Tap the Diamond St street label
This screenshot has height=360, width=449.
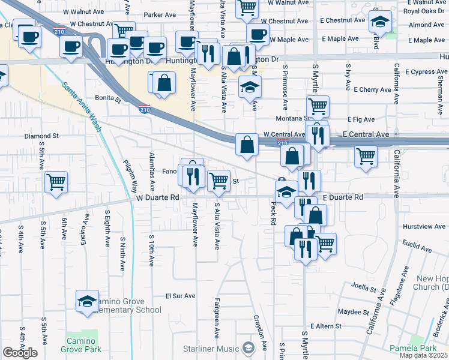(x=41, y=136)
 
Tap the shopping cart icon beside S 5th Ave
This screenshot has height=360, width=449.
(x=56, y=181)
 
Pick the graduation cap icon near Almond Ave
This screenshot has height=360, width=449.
(x=380, y=22)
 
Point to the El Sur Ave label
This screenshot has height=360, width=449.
(x=181, y=296)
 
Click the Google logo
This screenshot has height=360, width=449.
(x=20, y=353)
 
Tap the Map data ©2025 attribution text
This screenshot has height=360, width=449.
(x=424, y=355)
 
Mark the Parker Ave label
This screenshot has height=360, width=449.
(x=158, y=14)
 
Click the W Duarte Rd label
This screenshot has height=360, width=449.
(x=158, y=197)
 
